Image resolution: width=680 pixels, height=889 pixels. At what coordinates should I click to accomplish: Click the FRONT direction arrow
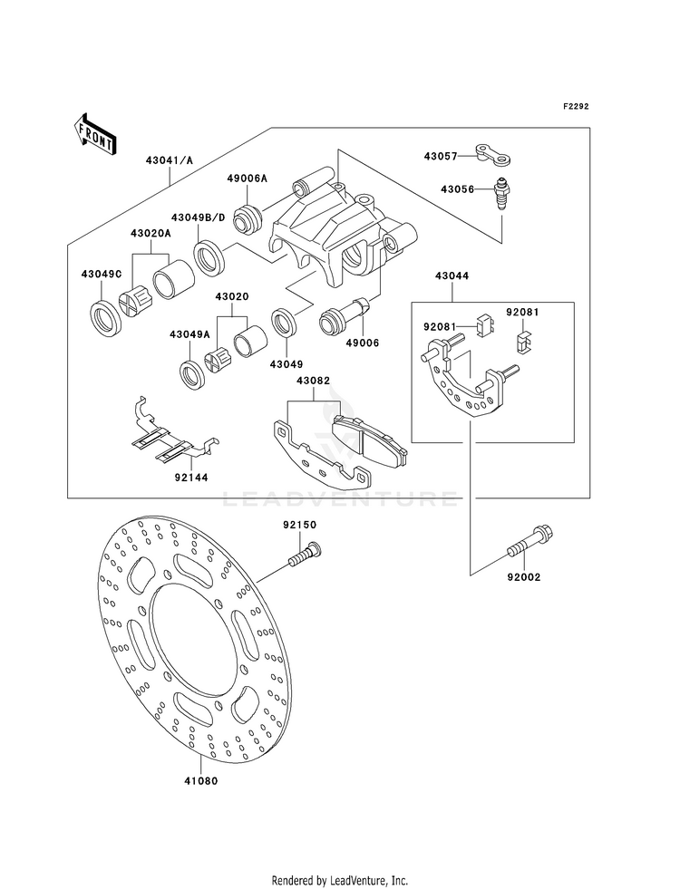pos(94,134)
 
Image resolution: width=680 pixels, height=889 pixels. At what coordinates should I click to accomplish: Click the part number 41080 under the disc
pos(201,781)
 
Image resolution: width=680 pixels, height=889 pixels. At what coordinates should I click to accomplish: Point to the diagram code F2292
pos(576,106)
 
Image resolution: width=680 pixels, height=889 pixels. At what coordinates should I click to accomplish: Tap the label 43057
pos(440,156)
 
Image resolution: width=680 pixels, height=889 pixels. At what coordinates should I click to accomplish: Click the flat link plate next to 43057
pos(491,155)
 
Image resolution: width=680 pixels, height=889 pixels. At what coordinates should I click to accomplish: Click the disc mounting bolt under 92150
pos(306,554)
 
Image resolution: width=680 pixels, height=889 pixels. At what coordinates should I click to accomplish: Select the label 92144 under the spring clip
pos(191,478)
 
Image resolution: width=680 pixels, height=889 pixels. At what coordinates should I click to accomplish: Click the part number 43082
pos(313,381)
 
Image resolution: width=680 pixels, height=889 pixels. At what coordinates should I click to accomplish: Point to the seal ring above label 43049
pos(286,324)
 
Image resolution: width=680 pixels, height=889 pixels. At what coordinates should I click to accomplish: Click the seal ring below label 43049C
pos(106,319)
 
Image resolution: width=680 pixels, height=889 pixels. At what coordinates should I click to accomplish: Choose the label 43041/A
pos(169,160)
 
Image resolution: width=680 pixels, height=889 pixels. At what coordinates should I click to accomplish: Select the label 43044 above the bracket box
pos(452,276)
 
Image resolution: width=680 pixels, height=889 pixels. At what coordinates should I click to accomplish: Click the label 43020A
pos(151,233)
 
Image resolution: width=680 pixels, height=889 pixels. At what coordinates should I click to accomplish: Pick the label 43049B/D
pos(199,217)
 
